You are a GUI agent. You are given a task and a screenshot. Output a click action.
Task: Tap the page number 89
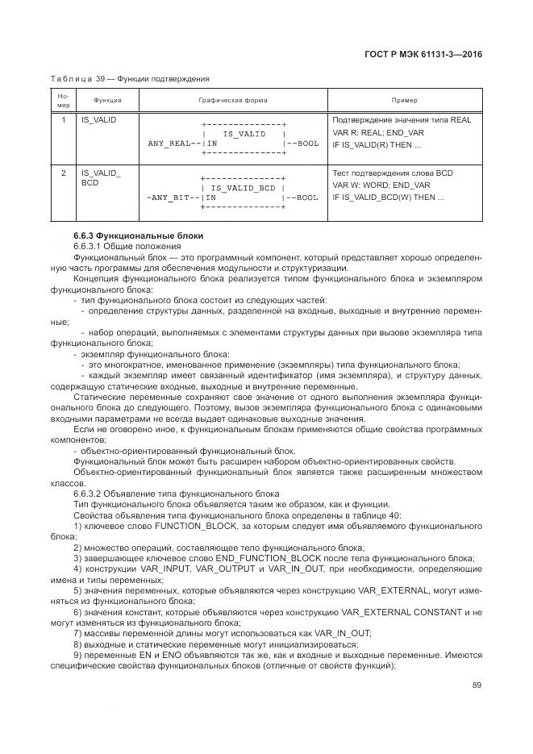(x=476, y=685)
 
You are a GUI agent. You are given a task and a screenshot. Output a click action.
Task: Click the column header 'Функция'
(x=107, y=101)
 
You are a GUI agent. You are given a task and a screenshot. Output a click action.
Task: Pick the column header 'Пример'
(x=404, y=101)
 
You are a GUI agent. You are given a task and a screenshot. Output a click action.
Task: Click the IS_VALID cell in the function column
(x=98, y=119)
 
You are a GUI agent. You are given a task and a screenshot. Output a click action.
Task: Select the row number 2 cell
(x=63, y=173)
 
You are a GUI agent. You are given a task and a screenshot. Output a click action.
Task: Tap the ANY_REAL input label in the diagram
(x=169, y=143)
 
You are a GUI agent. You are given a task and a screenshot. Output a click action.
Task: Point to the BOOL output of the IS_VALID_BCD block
(x=304, y=197)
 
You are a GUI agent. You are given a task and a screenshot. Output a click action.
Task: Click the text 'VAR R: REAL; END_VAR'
(x=378, y=132)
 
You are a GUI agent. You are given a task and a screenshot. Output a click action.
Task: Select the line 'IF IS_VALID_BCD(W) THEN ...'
(x=388, y=197)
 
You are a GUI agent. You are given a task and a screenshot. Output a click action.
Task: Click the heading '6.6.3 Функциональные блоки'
(x=138, y=235)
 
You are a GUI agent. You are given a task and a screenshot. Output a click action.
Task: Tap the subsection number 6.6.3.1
(x=90, y=245)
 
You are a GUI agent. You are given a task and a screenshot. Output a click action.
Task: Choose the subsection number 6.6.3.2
(x=90, y=494)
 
